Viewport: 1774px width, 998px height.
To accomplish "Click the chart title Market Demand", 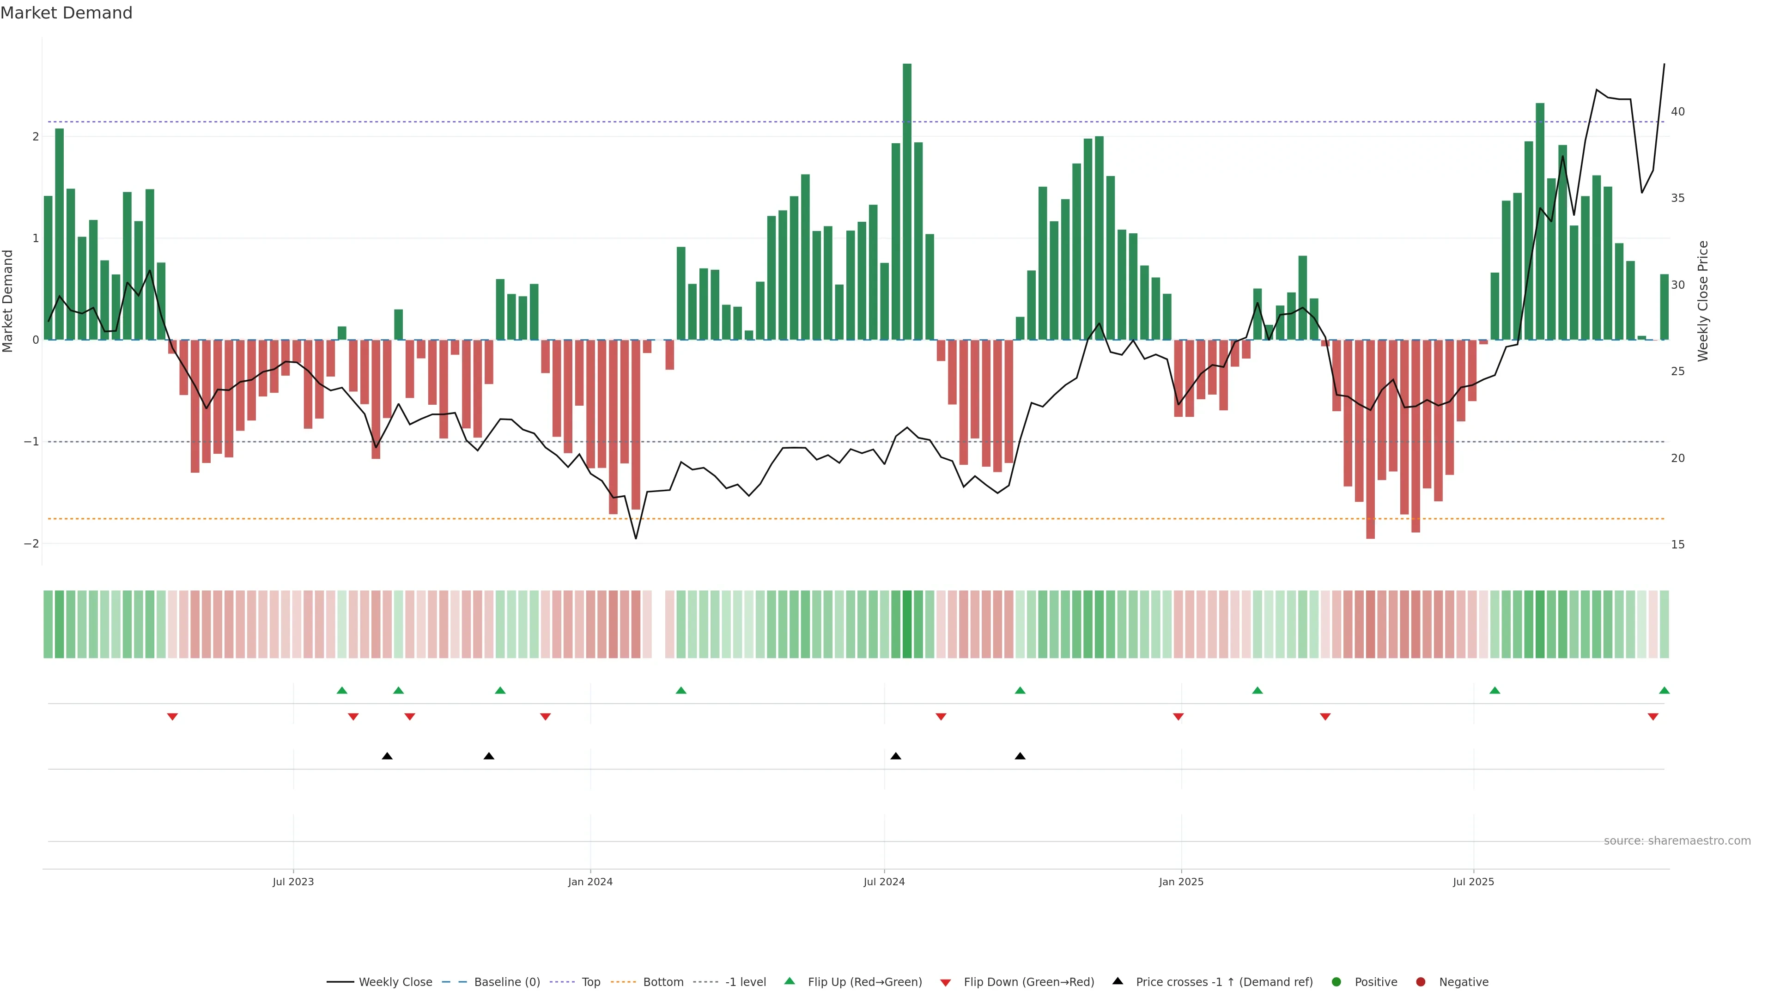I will [66, 13].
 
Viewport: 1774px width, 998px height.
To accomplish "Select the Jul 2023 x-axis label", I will [293, 882].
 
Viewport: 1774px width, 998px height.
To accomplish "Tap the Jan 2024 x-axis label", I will [590, 882].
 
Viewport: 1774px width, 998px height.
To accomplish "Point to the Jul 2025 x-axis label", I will [1473, 882].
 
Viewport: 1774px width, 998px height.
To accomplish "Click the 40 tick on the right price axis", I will [1677, 111].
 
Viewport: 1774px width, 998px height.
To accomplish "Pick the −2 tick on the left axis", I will [32, 543].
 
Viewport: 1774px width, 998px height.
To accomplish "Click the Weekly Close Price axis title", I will [1703, 301].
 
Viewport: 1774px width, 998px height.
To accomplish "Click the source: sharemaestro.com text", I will [1677, 841].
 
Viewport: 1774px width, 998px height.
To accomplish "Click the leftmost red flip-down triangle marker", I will [172, 717].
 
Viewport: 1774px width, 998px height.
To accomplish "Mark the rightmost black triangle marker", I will [1020, 756].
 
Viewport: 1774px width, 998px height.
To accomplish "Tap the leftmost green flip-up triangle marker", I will [341, 690].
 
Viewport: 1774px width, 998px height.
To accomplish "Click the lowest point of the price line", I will [636, 538].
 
